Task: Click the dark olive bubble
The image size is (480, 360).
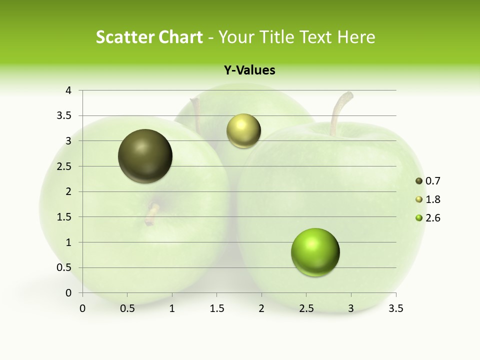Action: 145,156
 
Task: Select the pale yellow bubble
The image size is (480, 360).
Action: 243,131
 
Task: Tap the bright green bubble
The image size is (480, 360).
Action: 315,252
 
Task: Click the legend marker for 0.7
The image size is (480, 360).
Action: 419,181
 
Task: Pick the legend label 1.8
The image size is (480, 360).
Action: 432,199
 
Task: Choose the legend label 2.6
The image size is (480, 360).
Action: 432,218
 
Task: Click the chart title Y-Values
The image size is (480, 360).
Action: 249,70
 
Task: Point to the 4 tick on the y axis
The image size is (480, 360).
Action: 68,90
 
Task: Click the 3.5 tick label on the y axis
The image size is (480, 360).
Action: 65,115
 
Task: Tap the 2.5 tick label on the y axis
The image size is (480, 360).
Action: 65,166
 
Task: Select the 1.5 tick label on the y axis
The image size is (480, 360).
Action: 65,217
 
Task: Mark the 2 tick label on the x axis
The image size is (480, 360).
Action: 261,308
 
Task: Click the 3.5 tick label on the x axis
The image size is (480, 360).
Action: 395,308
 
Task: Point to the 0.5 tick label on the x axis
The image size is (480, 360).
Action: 127,308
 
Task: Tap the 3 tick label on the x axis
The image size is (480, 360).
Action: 351,308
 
